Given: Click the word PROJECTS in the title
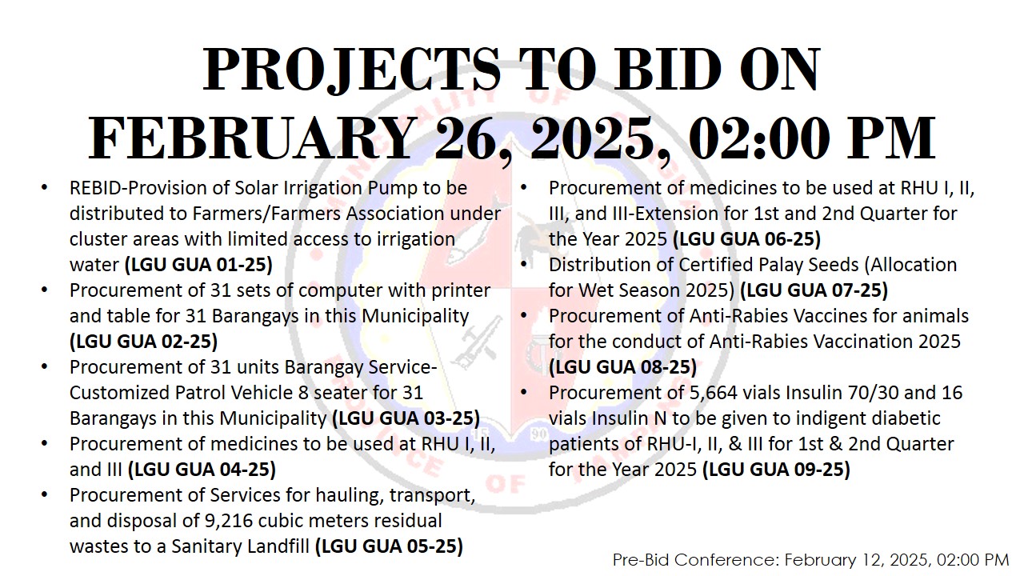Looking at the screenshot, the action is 352,70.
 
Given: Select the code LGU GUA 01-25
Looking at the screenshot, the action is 198,265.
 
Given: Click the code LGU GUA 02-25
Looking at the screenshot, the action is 143,342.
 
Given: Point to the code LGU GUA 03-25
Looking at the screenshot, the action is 406,418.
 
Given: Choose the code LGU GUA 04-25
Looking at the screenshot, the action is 202,470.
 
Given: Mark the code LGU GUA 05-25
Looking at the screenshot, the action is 389,546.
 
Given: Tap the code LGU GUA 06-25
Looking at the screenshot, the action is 747,239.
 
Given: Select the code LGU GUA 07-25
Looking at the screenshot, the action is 814,290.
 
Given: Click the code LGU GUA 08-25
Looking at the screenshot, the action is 622,367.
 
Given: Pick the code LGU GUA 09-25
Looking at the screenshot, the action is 776,470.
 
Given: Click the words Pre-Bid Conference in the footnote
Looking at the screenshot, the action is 696,560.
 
